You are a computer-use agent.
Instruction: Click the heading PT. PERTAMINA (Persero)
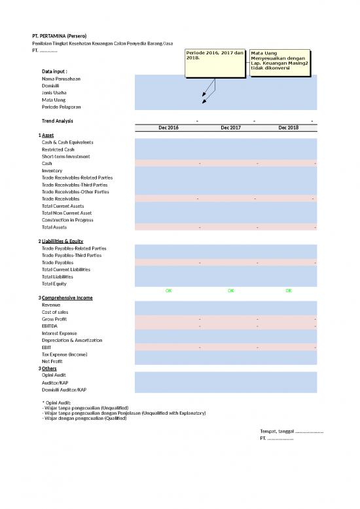[x=60, y=35]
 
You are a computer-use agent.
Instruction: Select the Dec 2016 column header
[x=169, y=128]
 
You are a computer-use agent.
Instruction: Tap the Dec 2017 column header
[x=231, y=128]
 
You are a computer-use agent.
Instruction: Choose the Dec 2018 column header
[x=288, y=128]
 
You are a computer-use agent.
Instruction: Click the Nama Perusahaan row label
[x=62, y=79]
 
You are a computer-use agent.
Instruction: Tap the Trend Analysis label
[x=58, y=121]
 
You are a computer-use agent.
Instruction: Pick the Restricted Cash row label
[x=58, y=149]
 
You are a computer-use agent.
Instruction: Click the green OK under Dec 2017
[x=231, y=290]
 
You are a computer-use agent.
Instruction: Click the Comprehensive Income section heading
[x=67, y=297]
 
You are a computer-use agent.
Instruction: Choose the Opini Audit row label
[x=54, y=375]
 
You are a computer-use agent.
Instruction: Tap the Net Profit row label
[x=53, y=361]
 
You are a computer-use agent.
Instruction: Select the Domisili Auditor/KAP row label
[x=66, y=389]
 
